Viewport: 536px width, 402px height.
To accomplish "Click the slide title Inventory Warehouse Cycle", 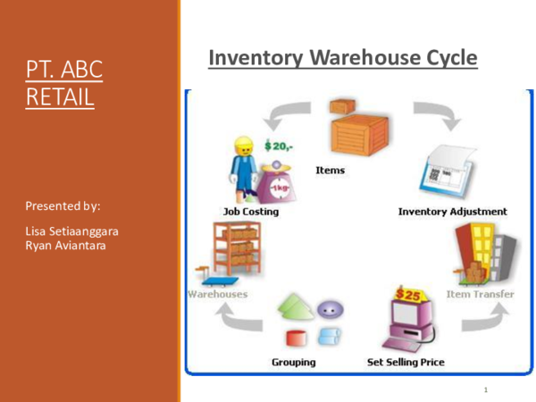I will click(x=342, y=59).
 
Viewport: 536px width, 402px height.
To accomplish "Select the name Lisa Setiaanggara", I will click(x=72, y=231).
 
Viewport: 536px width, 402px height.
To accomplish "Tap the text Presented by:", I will click(x=63, y=206).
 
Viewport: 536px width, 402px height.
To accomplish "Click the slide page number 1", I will click(x=484, y=390).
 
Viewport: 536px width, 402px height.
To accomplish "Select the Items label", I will click(x=331, y=169).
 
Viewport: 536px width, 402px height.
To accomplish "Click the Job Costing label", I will click(x=250, y=212).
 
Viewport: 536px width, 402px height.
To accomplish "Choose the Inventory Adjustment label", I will click(x=452, y=212).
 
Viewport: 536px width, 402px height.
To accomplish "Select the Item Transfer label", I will click(x=481, y=294).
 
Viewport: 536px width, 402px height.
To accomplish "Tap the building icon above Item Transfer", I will click(x=482, y=254).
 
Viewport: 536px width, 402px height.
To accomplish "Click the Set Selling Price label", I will click(x=406, y=362).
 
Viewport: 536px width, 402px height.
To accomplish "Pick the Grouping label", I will click(x=294, y=362).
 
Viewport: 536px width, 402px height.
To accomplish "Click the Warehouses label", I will click(x=217, y=294).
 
